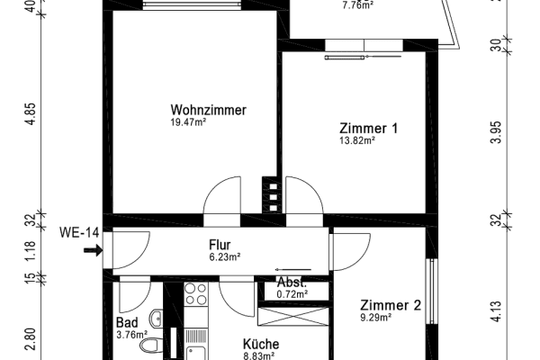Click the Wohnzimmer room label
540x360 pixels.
208,110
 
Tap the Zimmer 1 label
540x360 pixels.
369,129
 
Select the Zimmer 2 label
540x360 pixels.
391,305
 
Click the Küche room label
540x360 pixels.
261,344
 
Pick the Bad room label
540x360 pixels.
127,323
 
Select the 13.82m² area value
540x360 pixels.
357,141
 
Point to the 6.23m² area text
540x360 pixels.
225,256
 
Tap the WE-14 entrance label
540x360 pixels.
79,233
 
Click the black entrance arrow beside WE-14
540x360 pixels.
91,251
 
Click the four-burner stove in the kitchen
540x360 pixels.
195,293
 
